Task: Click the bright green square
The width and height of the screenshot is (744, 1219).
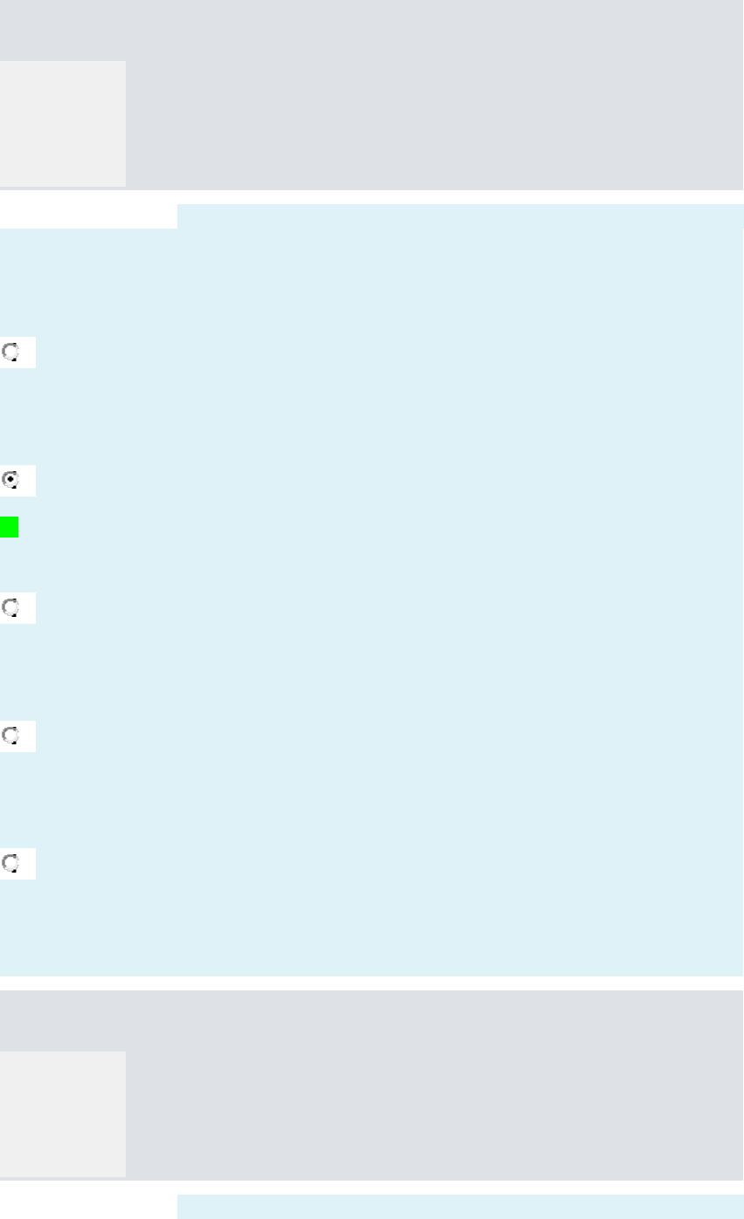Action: click(x=9, y=527)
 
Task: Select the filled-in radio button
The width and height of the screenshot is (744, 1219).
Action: click(x=11, y=480)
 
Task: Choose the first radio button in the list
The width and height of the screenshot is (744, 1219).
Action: click(x=11, y=353)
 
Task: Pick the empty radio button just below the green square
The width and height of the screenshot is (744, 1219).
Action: click(x=11, y=608)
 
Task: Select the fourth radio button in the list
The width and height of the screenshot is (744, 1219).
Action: click(x=11, y=736)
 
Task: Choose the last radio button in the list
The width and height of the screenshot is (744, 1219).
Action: click(x=11, y=864)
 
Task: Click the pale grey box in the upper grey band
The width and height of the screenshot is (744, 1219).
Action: click(x=62, y=123)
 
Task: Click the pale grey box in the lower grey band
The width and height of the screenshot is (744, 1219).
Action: click(x=62, y=1113)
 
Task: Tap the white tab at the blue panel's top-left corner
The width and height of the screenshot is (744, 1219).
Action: click(x=87, y=216)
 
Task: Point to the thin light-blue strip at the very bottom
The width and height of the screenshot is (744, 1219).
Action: click(x=459, y=1207)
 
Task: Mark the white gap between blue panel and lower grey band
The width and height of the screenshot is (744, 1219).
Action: click(x=371, y=983)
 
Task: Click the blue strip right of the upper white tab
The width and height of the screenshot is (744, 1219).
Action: click(x=459, y=216)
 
